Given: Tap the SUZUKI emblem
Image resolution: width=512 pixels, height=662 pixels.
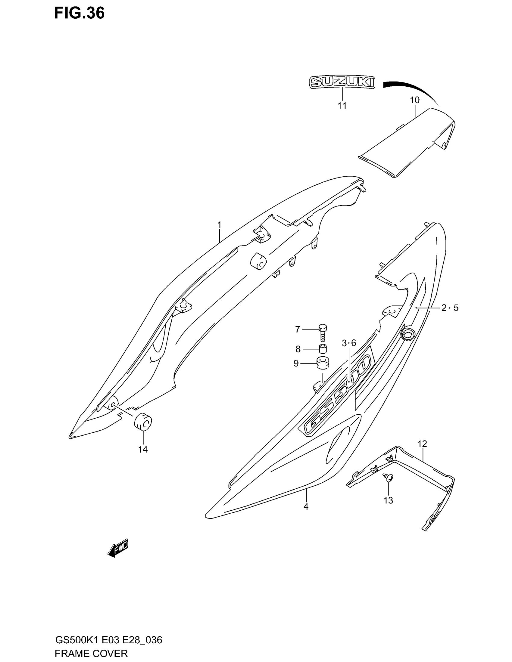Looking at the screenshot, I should pyautogui.click(x=342, y=82).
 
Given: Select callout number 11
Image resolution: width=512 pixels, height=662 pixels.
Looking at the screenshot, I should pyautogui.click(x=342, y=106).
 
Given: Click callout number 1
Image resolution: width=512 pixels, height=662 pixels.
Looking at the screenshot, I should pyautogui.click(x=219, y=225).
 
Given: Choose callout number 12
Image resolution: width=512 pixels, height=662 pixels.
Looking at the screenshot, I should pyautogui.click(x=422, y=444).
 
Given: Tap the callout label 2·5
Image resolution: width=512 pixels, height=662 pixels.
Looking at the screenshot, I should pyautogui.click(x=450, y=308).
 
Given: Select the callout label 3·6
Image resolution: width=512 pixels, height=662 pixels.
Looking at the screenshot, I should pyautogui.click(x=349, y=343).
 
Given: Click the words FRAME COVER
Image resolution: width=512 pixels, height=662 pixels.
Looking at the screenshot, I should pyautogui.click(x=91, y=653).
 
